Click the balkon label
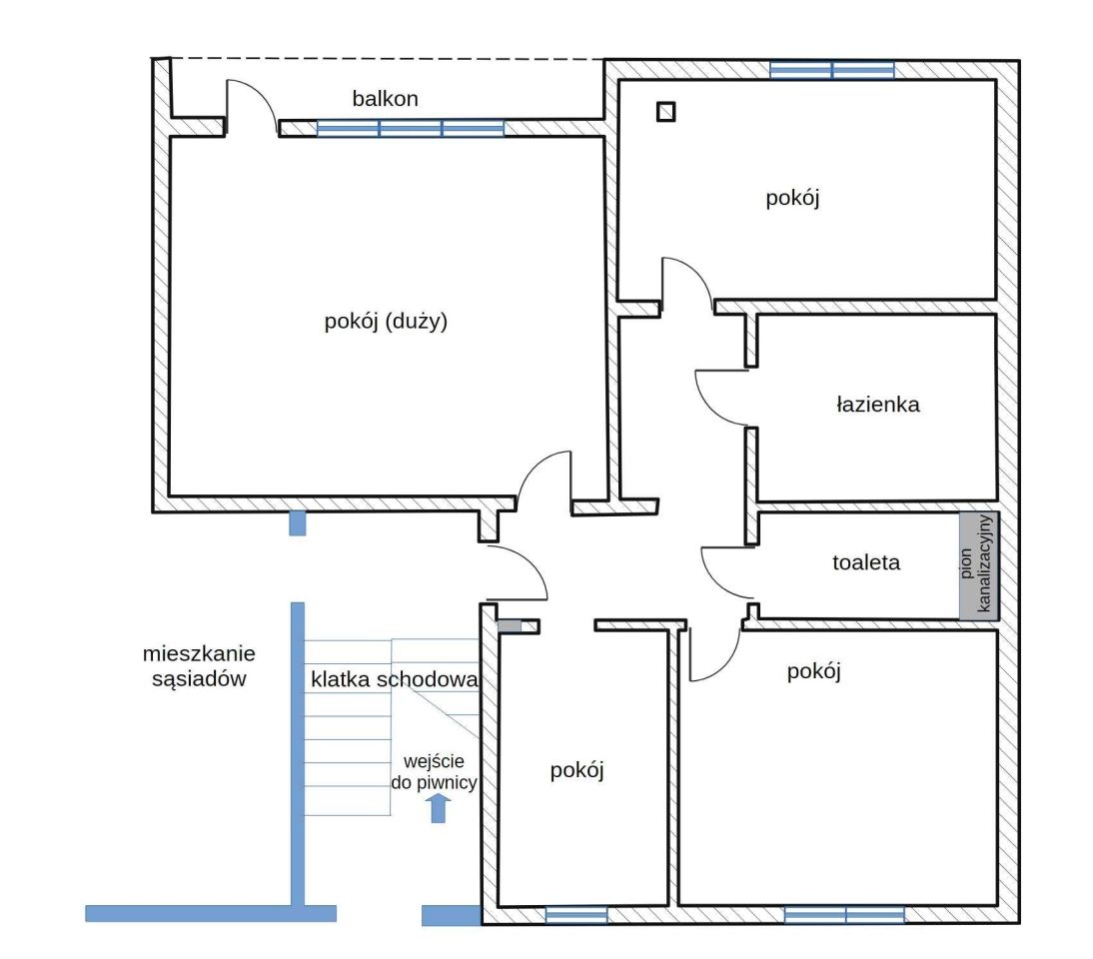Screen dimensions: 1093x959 [385, 98]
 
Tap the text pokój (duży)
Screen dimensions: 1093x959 [386, 321]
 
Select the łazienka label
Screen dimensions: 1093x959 [877, 405]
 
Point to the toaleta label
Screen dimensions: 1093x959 [866, 561]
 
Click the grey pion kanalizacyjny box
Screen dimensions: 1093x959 [979, 566]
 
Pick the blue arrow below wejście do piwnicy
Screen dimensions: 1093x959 [438, 808]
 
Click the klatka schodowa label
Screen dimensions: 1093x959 [395, 679]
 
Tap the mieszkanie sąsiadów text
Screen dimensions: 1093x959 [199, 665]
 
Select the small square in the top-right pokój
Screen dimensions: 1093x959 [665, 112]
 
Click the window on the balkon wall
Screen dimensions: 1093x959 [411, 128]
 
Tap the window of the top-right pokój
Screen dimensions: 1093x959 [832, 70]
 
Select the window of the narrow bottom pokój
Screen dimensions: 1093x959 [575, 914]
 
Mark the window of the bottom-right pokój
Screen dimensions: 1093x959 [845, 914]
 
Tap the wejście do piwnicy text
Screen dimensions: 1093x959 [434, 771]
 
